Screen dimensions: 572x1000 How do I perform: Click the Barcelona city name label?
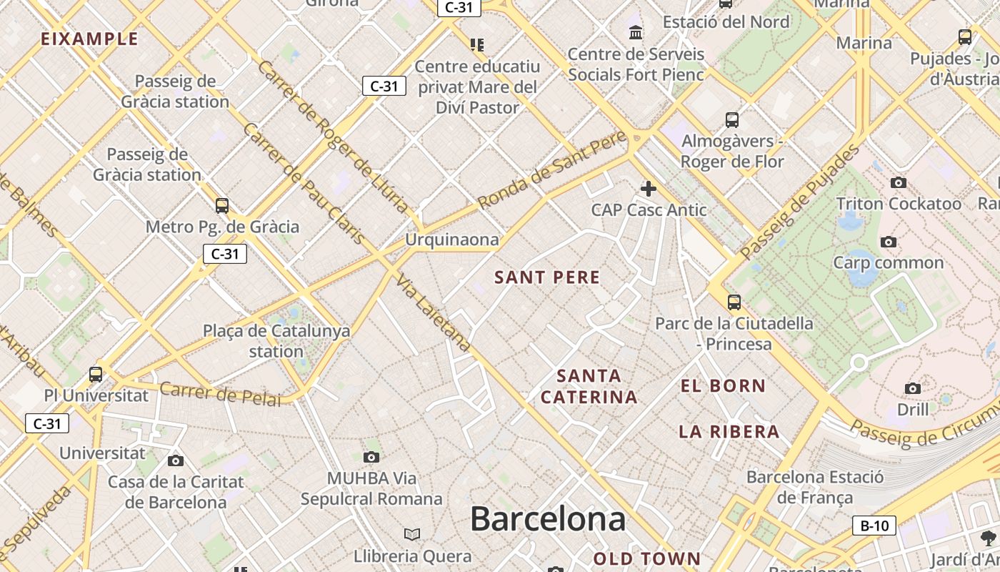548,519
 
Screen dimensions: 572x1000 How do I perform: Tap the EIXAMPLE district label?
89,39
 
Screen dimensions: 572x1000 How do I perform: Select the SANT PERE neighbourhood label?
547,277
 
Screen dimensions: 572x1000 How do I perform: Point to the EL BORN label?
723,386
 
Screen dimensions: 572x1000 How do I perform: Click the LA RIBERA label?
729,432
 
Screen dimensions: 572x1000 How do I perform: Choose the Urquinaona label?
451,240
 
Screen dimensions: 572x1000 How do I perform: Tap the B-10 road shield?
874,526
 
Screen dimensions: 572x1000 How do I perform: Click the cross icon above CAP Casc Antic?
649,189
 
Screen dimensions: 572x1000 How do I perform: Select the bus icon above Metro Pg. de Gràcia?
222,206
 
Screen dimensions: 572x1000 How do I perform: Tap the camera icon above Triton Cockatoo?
899,183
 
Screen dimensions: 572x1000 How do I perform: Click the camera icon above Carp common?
889,242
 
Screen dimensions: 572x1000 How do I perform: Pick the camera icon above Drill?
913,389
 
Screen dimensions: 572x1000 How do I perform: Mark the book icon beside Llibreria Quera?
412,534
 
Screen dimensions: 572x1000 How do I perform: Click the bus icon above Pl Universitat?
96,374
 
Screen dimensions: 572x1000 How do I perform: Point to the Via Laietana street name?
433,313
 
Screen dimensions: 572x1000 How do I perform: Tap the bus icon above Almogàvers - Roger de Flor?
732,119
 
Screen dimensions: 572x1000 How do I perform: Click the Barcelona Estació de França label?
815,487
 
